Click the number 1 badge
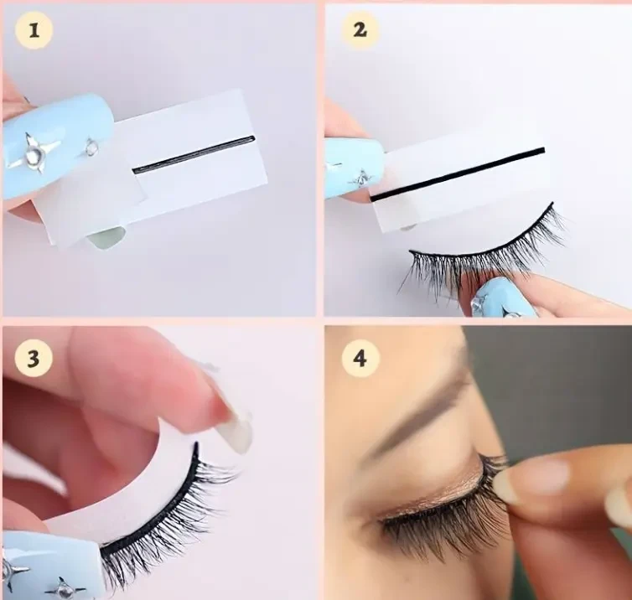(34, 30)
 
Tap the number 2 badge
(360, 30)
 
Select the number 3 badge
(34, 358)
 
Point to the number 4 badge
(360, 358)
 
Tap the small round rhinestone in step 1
(91, 147)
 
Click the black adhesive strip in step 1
(194, 154)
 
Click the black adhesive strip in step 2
(458, 174)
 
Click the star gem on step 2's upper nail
(361, 177)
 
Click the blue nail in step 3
(49, 564)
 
